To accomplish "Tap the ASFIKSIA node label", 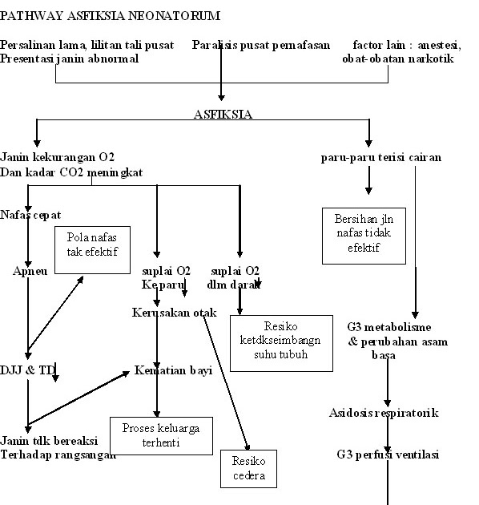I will (x=223, y=114).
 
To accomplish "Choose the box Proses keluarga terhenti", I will (x=161, y=434).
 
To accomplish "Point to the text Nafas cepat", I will (x=31, y=215).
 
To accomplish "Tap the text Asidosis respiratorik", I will (x=384, y=413).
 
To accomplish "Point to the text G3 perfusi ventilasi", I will (x=388, y=454).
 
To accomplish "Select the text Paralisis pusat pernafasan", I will (x=261, y=45).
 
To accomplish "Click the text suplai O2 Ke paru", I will (x=166, y=277).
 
